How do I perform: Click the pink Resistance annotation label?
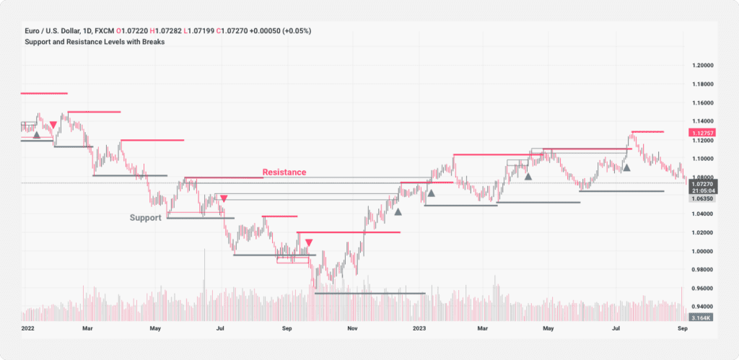(x=284, y=172)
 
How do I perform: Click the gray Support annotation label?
(x=145, y=217)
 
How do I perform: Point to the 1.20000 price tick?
(x=704, y=65)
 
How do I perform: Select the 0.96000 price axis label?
(x=704, y=289)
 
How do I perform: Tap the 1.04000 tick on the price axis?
(x=704, y=214)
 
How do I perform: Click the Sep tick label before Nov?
(x=287, y=328)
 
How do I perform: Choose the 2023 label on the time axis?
(x=419, y=328)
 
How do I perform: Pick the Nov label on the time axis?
(x=353, y=328)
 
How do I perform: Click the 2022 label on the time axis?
(x=28, y=328)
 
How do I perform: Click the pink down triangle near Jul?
(x=224, y=198)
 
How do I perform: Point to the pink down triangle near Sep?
(x=309, y=242)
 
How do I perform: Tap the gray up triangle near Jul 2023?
(x=627, y=167)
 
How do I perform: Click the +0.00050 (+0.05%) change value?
(x=284, y=32)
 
